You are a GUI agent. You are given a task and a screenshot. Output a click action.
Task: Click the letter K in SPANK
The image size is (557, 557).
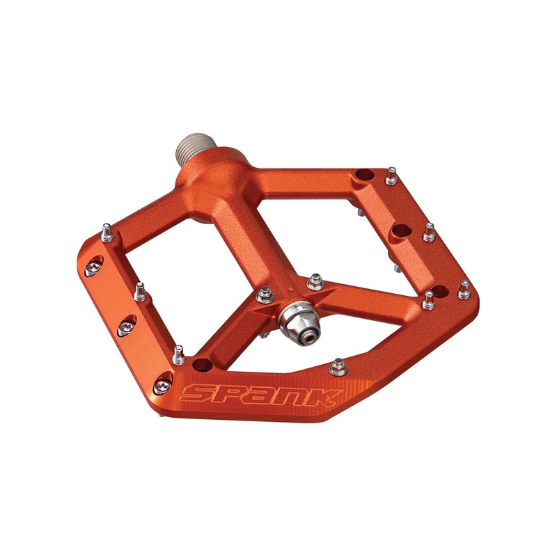coord(324,398)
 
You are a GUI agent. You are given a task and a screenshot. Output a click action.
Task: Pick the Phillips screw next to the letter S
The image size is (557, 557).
coord(163,379)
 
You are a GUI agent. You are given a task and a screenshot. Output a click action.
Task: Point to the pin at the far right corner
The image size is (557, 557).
coord(464,290)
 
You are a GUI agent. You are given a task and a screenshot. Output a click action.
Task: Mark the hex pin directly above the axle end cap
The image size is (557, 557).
coord(314,281)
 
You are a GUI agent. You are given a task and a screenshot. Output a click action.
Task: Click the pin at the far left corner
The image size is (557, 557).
coord(107,232)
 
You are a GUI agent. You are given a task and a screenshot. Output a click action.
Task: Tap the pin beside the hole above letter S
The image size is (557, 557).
coord(178,353)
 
